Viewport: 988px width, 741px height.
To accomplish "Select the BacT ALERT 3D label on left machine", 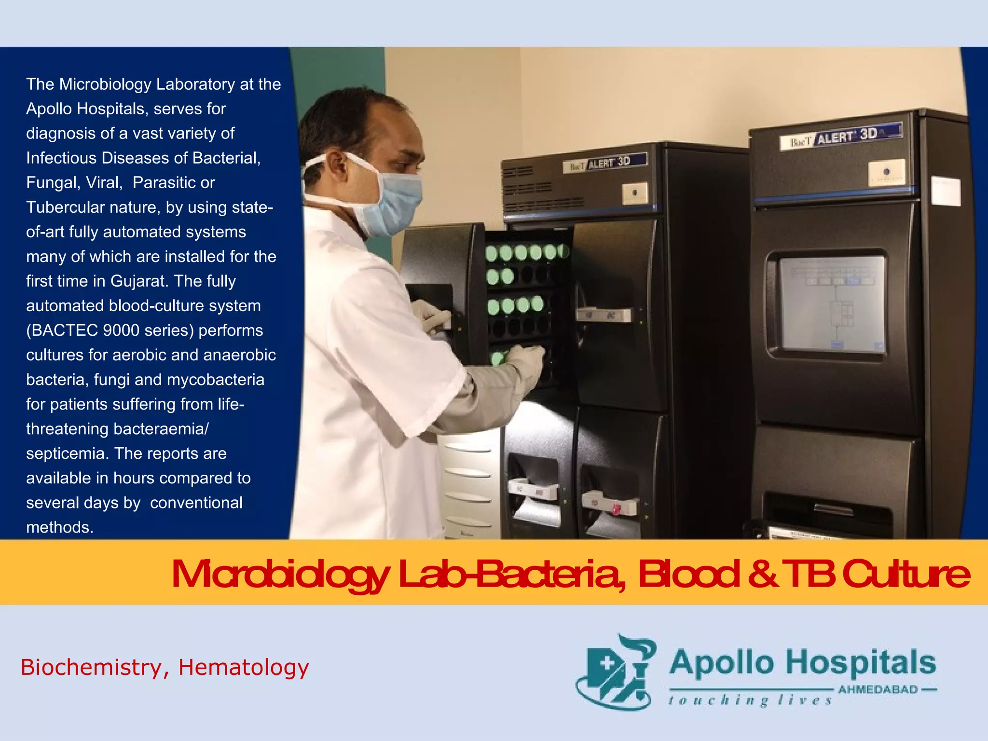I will click(605, 163).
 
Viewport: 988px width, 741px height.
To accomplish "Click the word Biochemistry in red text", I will click(92, 668).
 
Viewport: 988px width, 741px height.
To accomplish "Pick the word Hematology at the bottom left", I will click(244, 668).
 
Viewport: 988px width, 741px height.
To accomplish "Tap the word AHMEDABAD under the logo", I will click(878, 689).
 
